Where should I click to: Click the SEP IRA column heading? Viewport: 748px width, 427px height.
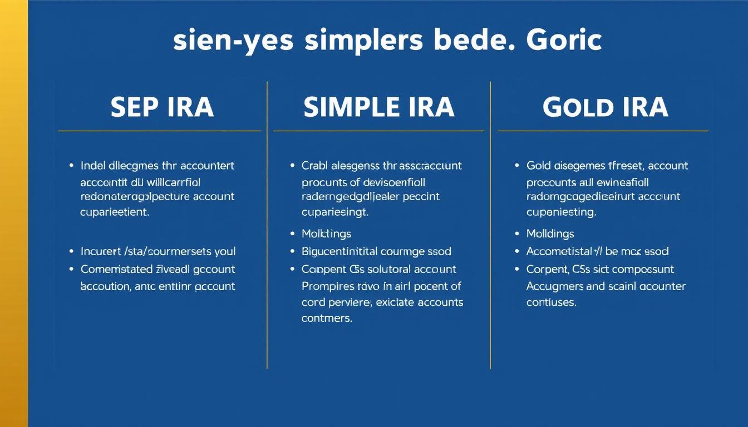click(162, 107)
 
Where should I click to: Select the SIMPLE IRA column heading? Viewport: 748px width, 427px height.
click(379, 107)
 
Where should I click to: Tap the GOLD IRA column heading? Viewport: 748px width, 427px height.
click(605, 107)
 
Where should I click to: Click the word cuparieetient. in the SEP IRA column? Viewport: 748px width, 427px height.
click(115, 212)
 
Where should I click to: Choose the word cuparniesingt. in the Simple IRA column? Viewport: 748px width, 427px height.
click(335, 212)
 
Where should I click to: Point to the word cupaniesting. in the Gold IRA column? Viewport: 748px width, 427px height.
click(561, 212)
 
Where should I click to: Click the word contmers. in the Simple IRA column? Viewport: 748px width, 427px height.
click(327, 319)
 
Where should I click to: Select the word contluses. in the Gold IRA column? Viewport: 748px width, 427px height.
click(551, 303)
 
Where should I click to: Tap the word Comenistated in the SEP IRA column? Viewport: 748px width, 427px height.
click(116, 270)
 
